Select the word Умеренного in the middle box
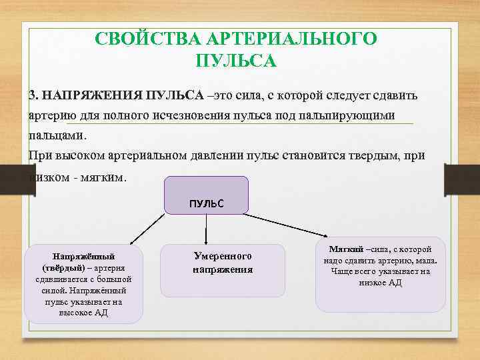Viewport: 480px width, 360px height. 223,256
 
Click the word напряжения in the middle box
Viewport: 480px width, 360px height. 223,269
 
